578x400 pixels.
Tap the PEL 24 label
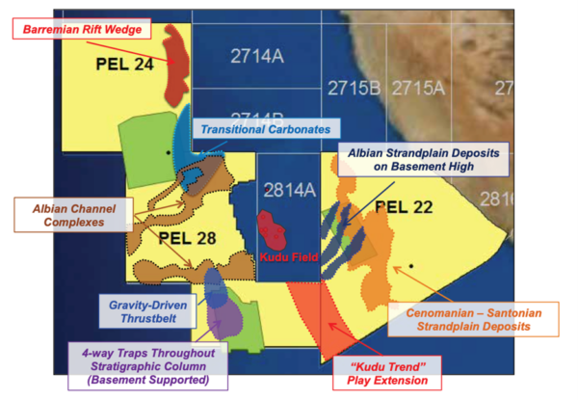click(x=125, y=65)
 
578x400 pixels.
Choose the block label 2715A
click(x=418, y=89)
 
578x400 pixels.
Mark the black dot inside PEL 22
click(x=411, y=265)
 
